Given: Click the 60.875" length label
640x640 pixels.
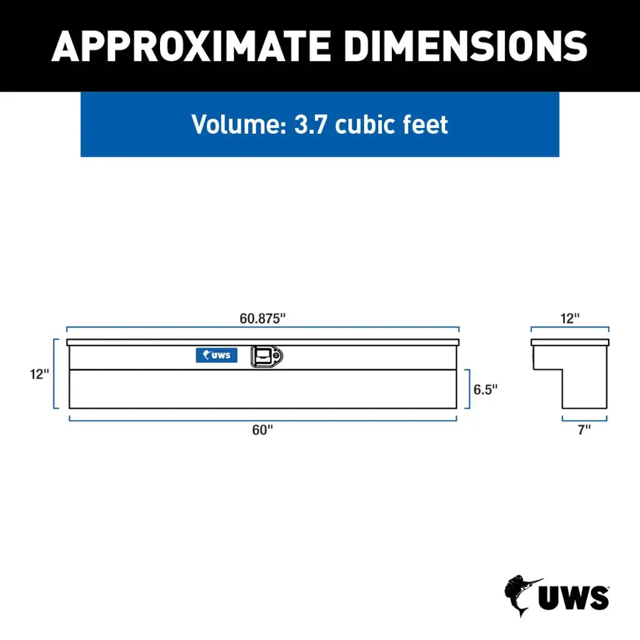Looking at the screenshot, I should [x=262, y=317].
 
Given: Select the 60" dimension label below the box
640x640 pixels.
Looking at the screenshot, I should [x=262, y=430].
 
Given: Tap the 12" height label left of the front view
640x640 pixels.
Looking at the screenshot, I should [x=38, y=374].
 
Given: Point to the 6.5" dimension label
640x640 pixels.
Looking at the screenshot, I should [x=484, y=389].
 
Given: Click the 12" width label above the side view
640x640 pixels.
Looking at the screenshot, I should [x=569, y=317].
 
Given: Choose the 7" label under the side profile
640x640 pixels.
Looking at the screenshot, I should [x=584, y=430].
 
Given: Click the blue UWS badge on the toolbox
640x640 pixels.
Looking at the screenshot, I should [x=216, y=355].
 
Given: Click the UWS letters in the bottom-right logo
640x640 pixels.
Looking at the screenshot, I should [x=574, y=597].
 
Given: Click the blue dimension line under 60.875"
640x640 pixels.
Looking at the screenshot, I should [x=262, y=327].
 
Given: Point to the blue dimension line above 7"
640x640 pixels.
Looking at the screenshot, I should [x=584, y=419].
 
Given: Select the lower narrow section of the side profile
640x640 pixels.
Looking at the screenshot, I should [x=584, y=391].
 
